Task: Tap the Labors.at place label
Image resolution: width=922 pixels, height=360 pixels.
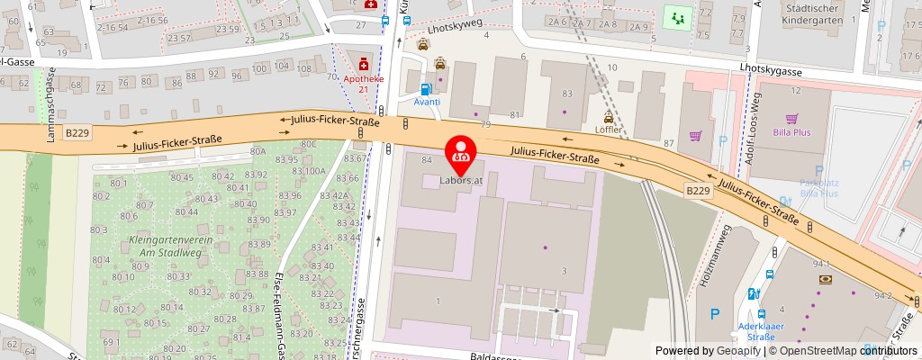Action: point(462,180)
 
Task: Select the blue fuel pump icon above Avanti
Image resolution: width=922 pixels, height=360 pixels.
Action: point(427,89)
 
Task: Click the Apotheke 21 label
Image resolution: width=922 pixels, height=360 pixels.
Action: point(363,84)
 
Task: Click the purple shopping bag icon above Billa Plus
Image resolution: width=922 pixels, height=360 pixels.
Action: point(791,118)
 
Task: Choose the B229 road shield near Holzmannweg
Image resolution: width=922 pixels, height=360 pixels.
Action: point(698,191)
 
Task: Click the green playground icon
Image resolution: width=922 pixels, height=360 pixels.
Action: point(674,16)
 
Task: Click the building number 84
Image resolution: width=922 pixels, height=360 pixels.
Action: point(427,160)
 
